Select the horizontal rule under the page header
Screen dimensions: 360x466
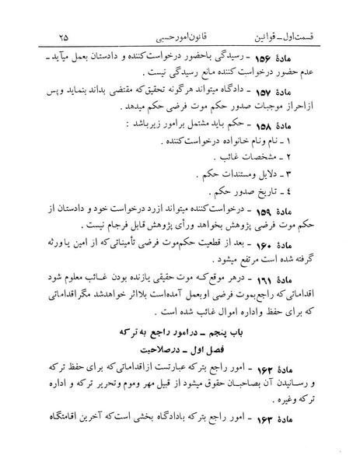click(180, 48)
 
